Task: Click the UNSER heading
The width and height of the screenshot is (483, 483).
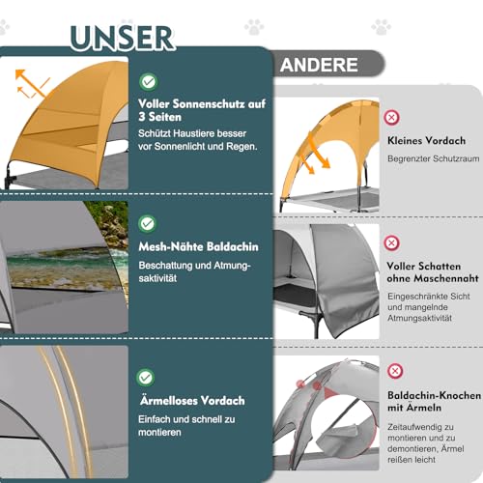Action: (123, 38)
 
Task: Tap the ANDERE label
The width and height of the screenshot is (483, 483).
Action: (319, 65)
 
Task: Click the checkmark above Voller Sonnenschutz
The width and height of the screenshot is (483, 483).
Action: (149, 82)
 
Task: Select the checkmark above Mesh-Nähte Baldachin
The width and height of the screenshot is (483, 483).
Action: (148, 223)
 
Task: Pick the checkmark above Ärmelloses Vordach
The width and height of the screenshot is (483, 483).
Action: (146, 378)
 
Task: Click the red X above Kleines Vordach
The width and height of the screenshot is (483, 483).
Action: (391, 118)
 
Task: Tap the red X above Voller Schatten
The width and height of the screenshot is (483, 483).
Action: (391, 242)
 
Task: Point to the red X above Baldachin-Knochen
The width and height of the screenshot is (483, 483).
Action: (395, 371)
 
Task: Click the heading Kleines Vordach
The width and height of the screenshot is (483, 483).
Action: (426, 141)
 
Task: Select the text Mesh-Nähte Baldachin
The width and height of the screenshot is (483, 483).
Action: (198, 247)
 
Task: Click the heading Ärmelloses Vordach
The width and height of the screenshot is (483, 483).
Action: (192, 400)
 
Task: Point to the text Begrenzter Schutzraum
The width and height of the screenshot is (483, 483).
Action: (434, 158)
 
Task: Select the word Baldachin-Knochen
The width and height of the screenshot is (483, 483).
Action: (435, 395)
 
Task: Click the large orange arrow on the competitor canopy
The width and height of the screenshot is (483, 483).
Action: (319, 150)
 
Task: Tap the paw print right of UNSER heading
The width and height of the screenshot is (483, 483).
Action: (254, 27)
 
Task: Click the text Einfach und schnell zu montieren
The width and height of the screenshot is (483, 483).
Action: (186, 426)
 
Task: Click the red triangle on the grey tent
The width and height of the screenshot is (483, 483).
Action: (329, 393)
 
